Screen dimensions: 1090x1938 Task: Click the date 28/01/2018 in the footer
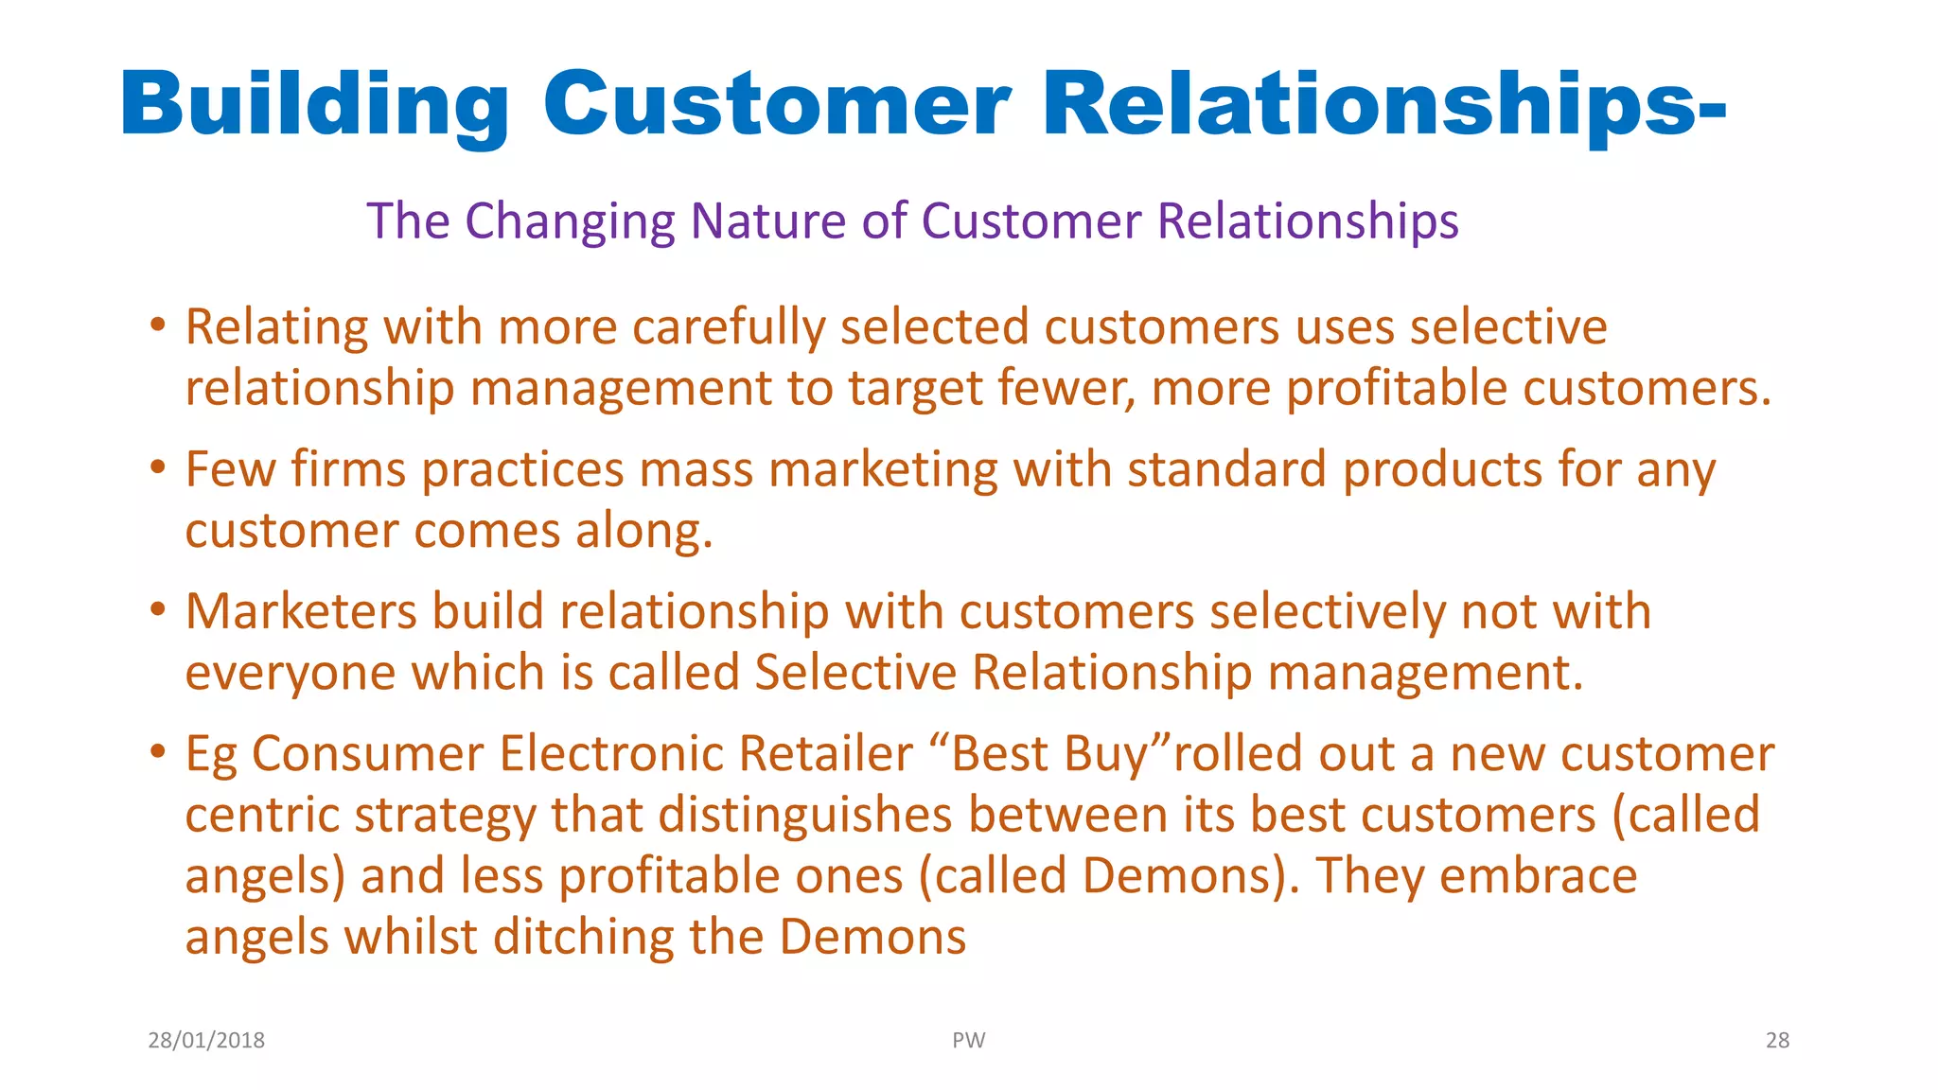[x=206, y=1041]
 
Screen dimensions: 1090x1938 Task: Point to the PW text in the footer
[x=968, y=1041]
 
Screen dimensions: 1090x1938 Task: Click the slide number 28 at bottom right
[x=1777, y=1041]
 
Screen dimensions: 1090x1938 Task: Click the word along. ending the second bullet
[x=643, y=531]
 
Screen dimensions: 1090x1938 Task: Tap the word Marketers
[x=301, y=612]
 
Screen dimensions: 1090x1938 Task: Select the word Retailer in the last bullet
[x=825, y=754]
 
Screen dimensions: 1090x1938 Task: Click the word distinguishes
[x=804, y=816]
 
